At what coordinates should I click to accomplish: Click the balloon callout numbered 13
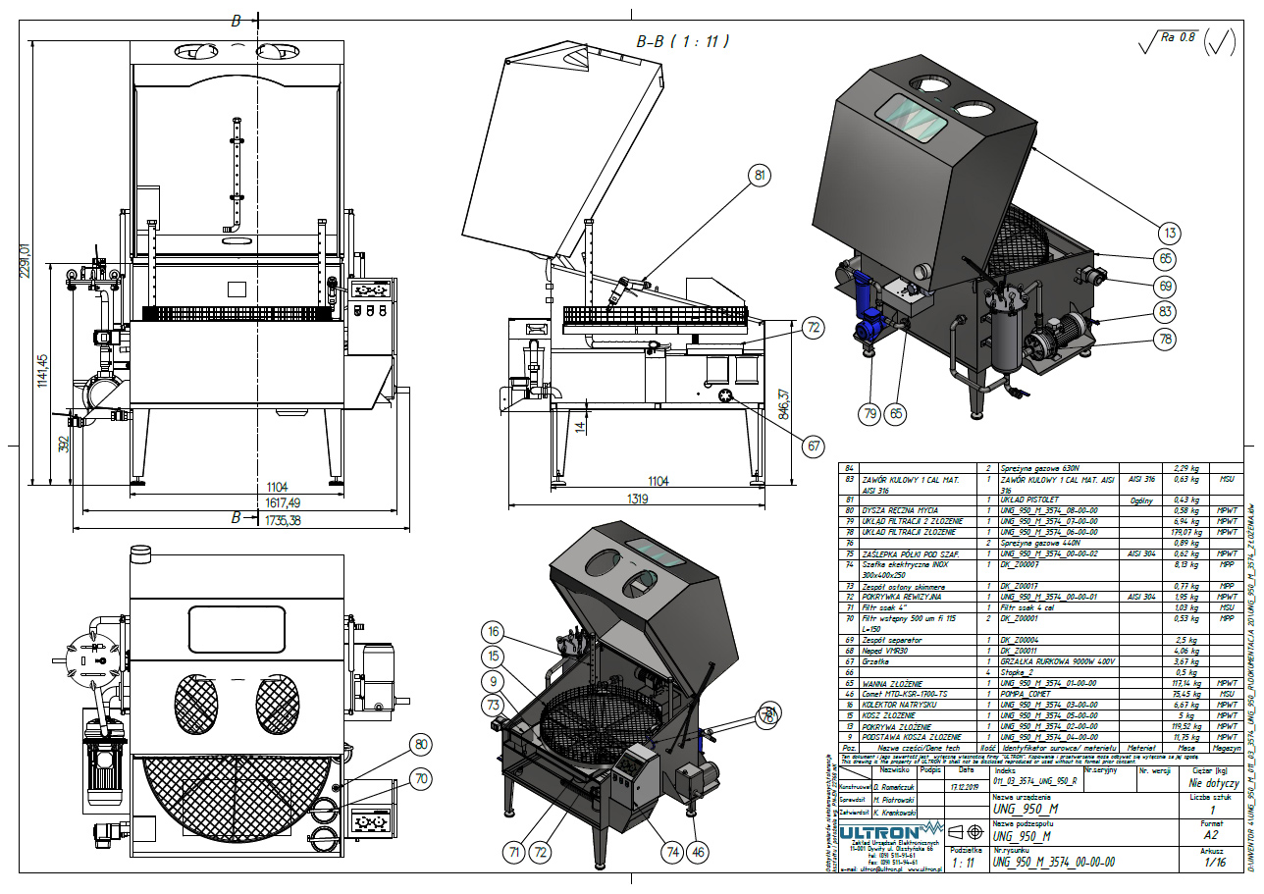click(x=1168, y=233)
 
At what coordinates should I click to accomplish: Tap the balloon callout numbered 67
click(x=813, y=447)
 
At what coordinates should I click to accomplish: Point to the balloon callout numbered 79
click(x=869, y=414)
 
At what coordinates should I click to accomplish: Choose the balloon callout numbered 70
click(x=422, y=780)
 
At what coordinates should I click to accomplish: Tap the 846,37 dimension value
click(x=782, y=402)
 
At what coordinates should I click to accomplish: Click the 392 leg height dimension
click(x=63, y=444)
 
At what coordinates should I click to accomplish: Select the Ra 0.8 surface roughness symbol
click(x=1172, y=39)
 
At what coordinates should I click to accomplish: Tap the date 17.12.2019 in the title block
click(x=968, y=813)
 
